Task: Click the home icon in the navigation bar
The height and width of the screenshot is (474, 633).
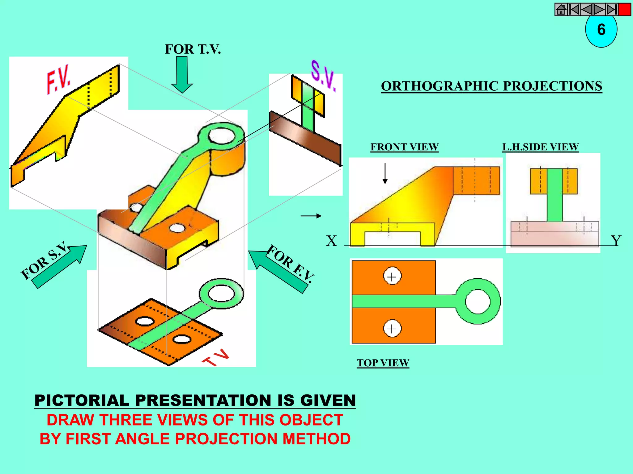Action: pos(561,10)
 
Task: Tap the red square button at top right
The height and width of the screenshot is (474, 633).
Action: pos(625,10)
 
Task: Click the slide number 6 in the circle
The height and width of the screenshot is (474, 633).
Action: pos(601,30)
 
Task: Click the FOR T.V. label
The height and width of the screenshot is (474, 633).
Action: pos(193,49)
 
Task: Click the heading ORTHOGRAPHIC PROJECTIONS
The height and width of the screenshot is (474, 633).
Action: pos(491,86)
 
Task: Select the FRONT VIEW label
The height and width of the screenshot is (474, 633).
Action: pos(404,147)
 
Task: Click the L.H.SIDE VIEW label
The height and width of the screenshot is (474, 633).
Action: pos(540,147)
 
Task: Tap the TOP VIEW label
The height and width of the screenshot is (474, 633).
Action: pos(383,363)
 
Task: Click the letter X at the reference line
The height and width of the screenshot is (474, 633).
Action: pos(331,241)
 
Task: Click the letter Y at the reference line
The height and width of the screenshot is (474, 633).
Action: pos(616,241)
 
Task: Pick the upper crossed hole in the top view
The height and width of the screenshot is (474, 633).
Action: pos(392,276)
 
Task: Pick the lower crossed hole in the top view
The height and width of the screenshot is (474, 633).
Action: pos(392,328)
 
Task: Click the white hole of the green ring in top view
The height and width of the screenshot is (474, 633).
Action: pos(478,301)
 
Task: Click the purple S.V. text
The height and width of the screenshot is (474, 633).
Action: pos(323,76)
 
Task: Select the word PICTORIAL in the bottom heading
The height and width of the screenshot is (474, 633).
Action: pos(82,400)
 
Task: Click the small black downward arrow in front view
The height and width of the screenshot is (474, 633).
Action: pos(385,174)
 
